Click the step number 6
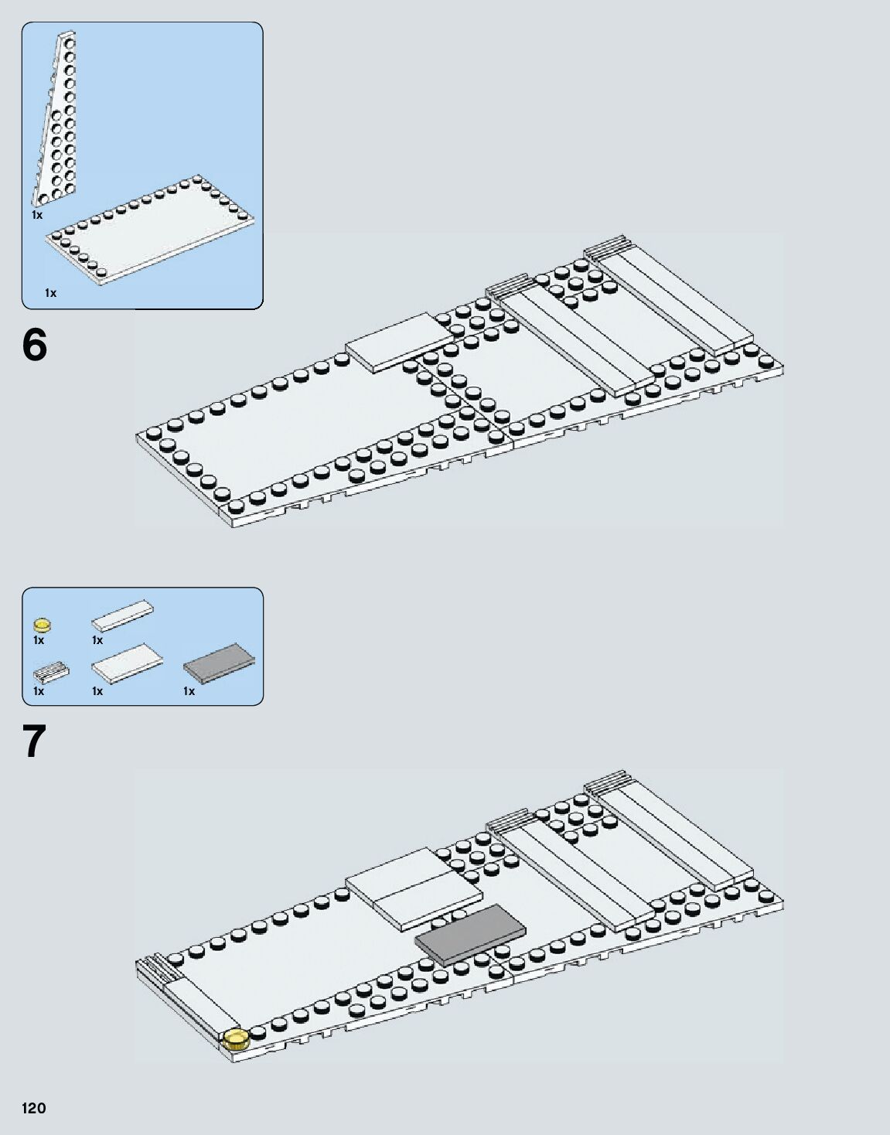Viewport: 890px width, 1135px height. (35, 345)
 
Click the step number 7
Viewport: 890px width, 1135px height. (35, 741)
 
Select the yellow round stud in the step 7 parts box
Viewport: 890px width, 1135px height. (43, 622)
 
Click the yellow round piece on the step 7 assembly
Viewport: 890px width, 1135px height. (235, 1038)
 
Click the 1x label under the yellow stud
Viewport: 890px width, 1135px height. (39, 640)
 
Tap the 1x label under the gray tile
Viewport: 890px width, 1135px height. (189, 691)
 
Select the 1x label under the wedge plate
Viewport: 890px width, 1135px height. (37, 215)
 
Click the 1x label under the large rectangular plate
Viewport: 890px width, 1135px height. (51, 293)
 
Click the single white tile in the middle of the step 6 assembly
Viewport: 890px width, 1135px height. (399, 343)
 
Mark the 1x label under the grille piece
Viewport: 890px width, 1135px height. (39, 691)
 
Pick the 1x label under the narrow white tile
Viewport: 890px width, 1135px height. (97, 640)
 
